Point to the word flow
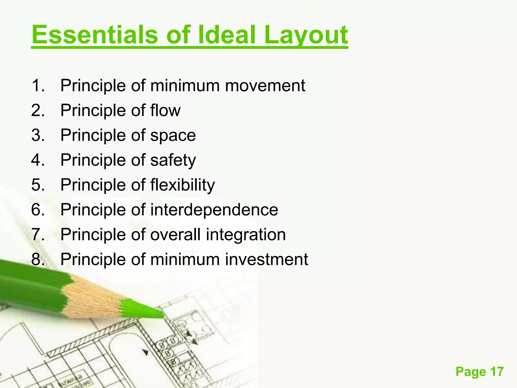[x=165, y=110]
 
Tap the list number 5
[x=38, y=185]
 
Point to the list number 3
[x=38, y=135]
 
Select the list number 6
[x=38, y=210]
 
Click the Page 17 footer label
[x=479, y=372]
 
